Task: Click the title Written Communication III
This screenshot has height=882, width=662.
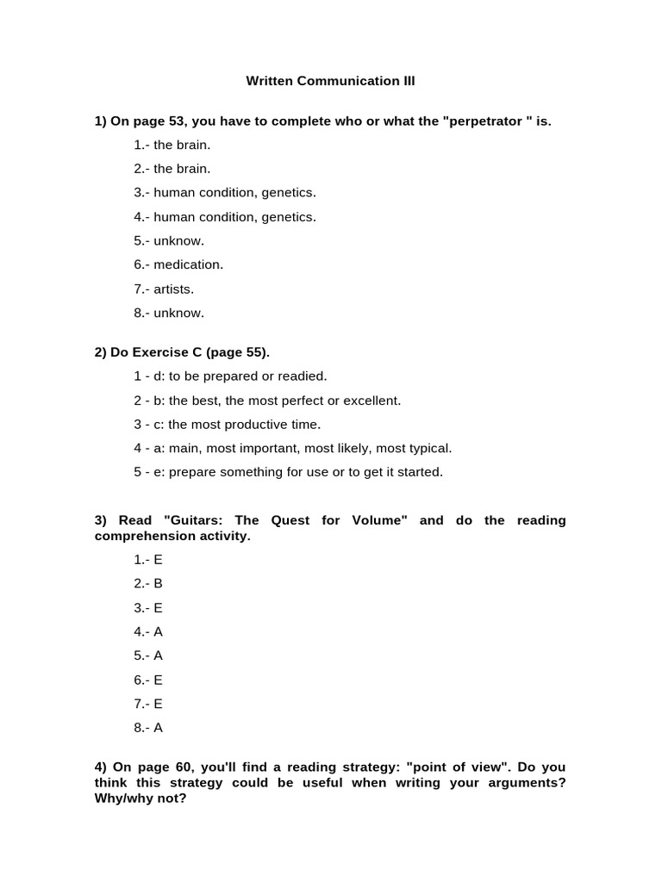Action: (x=330, y=81)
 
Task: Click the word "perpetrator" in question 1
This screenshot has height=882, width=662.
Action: (x=484, y=121)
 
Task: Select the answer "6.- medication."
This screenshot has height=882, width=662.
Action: (x=178, y=264)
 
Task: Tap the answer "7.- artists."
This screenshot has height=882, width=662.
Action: (x=164, y=289)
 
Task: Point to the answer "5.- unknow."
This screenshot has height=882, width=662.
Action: (x=169, y=240)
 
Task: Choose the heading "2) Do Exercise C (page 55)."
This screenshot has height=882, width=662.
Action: (x=182, y=351)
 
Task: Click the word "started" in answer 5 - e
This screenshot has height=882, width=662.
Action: (x=421, y=472)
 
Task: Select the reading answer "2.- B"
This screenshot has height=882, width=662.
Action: (x=148, y=583)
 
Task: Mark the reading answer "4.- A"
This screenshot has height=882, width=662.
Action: (x=148, y=631)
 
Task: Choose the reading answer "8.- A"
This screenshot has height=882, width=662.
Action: (x=148, y=727)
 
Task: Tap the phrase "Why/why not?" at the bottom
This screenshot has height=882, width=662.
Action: (x=140, y=798)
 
